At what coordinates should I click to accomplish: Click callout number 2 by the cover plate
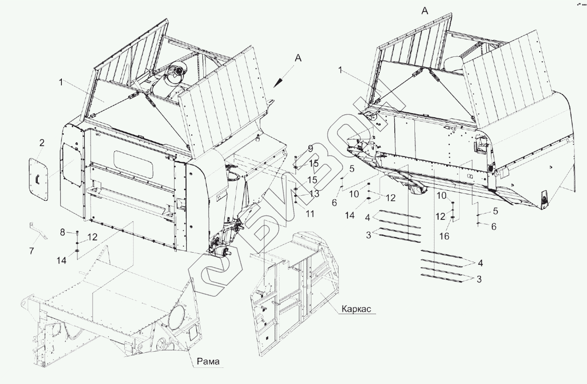point(41,143)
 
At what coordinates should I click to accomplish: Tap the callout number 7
point(32,251)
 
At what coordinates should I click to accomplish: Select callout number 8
point(62,233)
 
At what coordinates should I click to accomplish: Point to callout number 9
point(310,149)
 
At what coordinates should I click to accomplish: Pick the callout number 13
point(314,194)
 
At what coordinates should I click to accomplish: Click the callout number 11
point(310,214)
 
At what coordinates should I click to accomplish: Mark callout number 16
point(444,236)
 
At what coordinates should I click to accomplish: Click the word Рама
point(208,361)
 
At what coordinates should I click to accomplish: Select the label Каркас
point(356,309)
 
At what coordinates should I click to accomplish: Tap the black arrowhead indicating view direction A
point(277,84)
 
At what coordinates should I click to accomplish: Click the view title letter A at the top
point(425,11)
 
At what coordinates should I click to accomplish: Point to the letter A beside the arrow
point(298,58)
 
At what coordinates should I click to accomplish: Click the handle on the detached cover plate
point(37,179)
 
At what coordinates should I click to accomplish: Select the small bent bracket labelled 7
point(38,231)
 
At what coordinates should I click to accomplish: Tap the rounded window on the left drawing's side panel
point(133,164)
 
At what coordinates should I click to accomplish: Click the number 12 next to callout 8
point(92,237)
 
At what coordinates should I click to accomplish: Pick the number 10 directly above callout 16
point(441,195)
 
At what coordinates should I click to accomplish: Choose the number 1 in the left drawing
point(61,82)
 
